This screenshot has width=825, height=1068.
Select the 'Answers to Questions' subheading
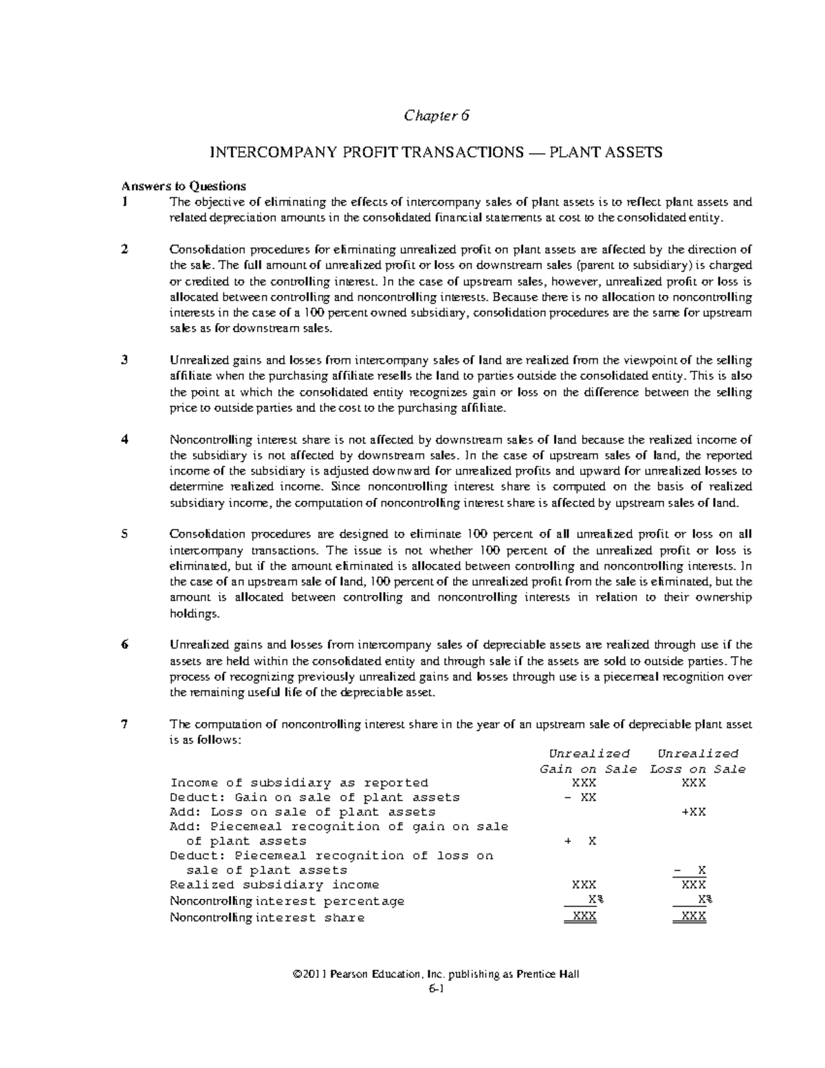coord(184,186)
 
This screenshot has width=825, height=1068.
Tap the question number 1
coord(124,202)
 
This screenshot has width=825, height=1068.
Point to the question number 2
coord(124,250)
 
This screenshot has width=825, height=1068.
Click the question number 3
coord(124,360)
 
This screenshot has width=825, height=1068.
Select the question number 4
coord(124,440)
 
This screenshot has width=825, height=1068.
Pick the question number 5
coord(124,534)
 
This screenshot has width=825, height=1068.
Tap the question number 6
coord(124,645)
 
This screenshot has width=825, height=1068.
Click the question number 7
coord(124,725)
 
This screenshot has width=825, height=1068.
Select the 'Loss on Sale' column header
coord(697,770)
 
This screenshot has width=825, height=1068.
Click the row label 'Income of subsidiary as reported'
coord(299,783)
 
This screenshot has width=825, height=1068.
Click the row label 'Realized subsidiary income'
coord(274,885)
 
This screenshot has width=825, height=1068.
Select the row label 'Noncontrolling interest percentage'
coord(287,902)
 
